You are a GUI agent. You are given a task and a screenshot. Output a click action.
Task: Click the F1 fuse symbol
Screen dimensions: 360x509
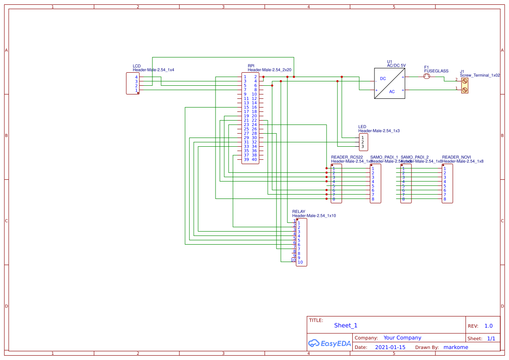click(x=427, y=77)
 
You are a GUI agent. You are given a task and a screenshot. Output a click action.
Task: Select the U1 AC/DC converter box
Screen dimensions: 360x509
click(x=390, y=84)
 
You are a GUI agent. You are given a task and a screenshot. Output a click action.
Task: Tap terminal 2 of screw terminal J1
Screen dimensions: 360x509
click(x=465, y=81)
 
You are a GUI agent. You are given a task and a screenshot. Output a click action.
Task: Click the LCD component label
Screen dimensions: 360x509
click(x=137, y=66)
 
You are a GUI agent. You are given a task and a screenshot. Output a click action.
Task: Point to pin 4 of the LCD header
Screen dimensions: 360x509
click(x=136, y=77)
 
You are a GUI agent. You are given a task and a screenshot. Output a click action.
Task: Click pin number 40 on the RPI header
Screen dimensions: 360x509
click(x=254, y=160)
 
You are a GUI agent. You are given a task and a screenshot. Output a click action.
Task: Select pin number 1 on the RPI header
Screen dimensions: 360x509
click(x=245, y=77)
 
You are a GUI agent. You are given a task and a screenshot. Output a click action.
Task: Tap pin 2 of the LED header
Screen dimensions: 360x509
click(x=362, y=142)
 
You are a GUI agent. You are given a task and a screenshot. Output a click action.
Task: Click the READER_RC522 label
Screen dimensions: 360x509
click(x=347, y=157)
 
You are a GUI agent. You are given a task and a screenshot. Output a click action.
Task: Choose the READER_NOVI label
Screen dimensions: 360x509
click(x=456, y=157)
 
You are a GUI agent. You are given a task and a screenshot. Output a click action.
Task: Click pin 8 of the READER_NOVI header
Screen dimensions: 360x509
click(x=445, y=199)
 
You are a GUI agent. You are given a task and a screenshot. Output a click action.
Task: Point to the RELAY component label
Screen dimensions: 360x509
click(x=299, y=212)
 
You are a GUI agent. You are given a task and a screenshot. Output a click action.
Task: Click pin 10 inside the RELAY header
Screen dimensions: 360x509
click(x=300, y=262)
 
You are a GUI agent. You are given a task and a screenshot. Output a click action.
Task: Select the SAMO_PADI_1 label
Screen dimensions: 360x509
click(x=384, y=157)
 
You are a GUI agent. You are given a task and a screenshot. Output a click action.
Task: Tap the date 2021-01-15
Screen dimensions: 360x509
click(x=390, y=347)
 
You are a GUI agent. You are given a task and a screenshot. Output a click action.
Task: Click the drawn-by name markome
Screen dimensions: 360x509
click(x=455, y=347)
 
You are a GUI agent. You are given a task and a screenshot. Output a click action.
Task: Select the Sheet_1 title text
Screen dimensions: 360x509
click(x=346, y=326)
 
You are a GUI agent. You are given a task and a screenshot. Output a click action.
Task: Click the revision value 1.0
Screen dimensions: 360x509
click(x=489, y=326)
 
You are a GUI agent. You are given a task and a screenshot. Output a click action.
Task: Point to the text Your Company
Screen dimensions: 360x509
click(x=402, y=338)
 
